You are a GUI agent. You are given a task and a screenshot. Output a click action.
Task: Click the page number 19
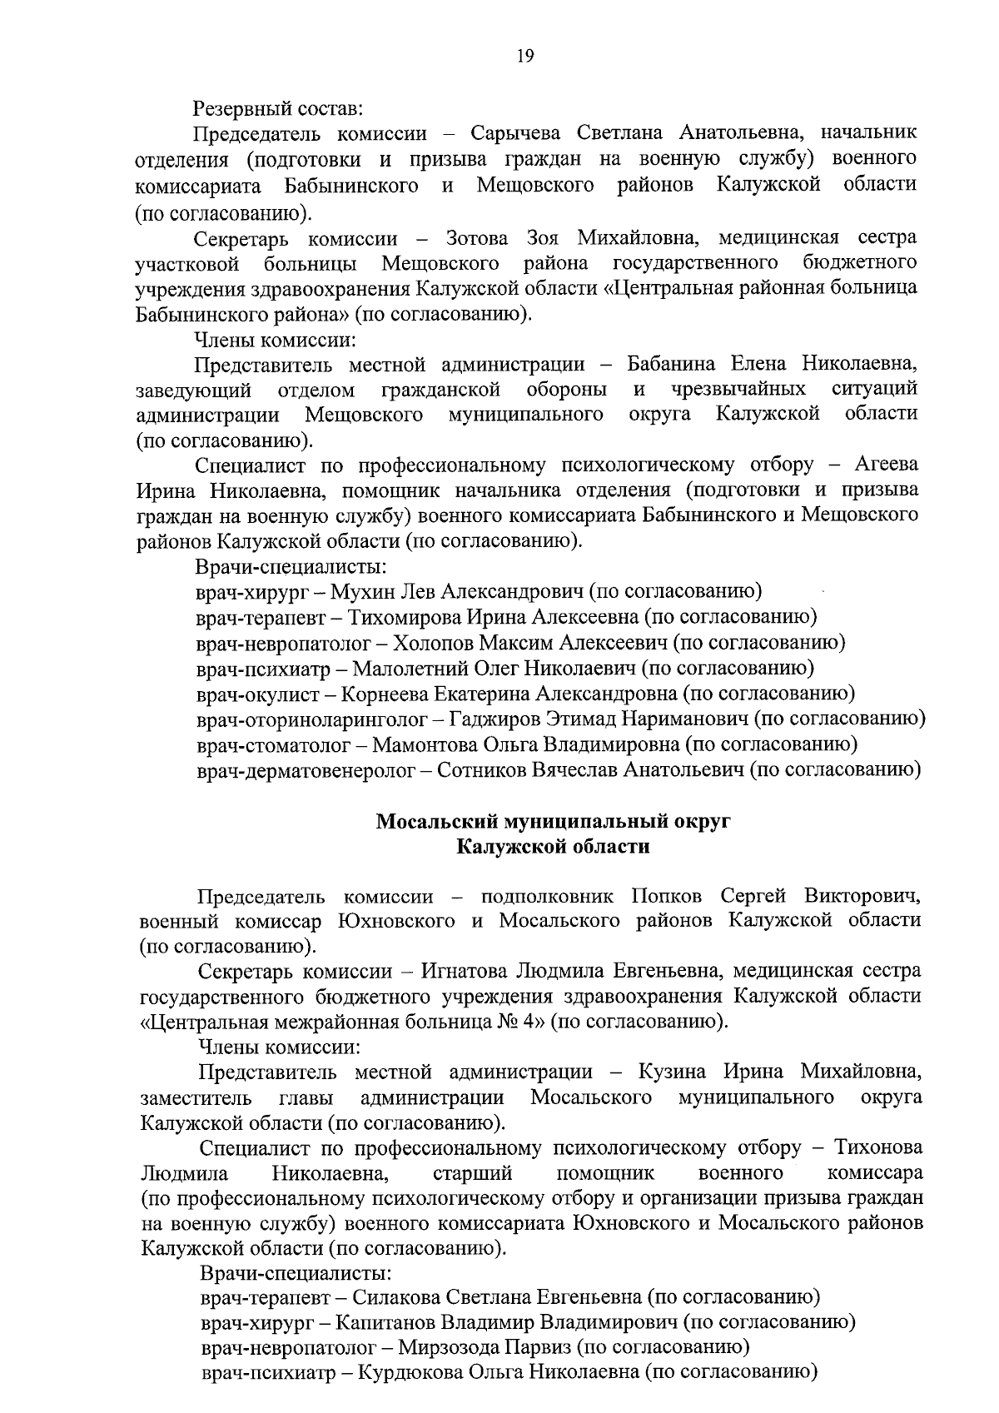pos(524,56)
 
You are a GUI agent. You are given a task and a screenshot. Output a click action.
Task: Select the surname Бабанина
pos(673,364)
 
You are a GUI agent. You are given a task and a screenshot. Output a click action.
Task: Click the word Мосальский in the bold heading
pos(435,823)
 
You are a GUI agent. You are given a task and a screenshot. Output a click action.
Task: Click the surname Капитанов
pos(376,1322)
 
